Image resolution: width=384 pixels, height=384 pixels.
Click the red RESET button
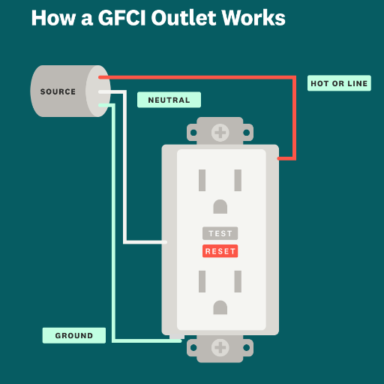tap(220, 251)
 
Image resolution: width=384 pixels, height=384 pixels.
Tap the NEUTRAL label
tap(169, 100)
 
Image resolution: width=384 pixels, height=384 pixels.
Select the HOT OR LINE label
tap(339, 83)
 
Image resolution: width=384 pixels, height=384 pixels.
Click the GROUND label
tap(74, 335)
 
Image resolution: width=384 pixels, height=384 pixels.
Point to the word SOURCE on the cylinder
tap(58, 91)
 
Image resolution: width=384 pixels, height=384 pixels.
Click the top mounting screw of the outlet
tap(220, 133)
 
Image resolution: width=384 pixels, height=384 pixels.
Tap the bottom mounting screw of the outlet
tap(220, 347)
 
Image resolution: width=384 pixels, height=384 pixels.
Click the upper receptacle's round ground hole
tap(220, 206)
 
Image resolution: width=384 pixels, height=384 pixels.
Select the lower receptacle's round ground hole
tap(220, 307)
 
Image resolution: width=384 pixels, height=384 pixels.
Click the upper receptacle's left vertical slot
tap(202, 180)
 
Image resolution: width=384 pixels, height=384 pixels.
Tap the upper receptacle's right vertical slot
tap(238, 180)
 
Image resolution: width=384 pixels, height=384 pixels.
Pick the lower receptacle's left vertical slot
tap(202, 281)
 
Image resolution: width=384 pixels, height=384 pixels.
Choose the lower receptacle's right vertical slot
tap(238, 281)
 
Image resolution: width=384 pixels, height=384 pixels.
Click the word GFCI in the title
tap(121, 18)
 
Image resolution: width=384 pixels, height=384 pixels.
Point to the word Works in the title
tap(253, 18)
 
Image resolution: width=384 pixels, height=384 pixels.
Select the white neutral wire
tap(124, 175)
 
